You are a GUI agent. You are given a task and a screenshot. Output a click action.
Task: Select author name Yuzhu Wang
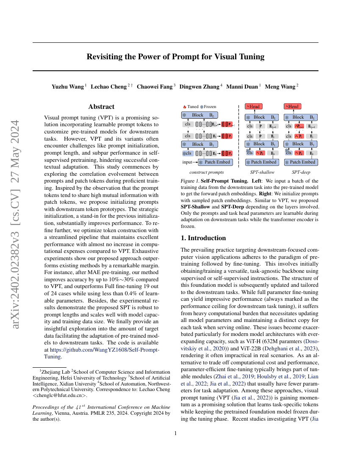tap(68, 86)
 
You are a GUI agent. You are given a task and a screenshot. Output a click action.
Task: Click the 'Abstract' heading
tap(101, 107)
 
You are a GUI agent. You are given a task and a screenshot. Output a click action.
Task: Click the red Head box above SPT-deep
tap(293, 106)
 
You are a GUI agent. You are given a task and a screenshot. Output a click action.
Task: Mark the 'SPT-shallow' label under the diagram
tap(262, 172)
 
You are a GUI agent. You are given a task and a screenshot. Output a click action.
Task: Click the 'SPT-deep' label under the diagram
tap(301, 172)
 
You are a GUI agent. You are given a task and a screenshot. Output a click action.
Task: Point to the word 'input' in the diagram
tap(187, 162)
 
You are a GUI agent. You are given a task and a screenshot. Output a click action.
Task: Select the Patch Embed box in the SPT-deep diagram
tap(301, 162)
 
